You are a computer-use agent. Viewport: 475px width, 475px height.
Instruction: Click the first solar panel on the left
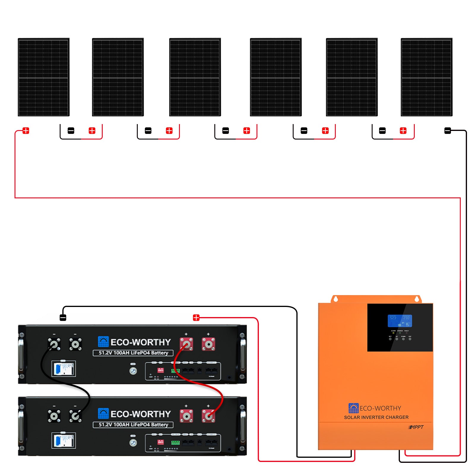44,77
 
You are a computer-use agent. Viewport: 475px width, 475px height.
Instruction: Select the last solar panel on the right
426,77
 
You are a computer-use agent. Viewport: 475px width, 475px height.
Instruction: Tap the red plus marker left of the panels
26,131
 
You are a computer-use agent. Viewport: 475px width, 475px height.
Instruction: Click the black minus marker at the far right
447,131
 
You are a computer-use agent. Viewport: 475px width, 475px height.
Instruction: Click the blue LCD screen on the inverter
400,321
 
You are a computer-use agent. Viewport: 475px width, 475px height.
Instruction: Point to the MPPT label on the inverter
416,427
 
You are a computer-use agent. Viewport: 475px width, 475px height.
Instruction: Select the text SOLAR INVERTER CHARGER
376,417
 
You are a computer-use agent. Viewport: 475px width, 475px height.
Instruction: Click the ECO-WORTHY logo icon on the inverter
353,408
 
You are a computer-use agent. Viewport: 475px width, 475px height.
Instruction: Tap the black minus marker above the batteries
63,318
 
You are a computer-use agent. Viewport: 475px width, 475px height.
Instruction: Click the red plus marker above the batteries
196,318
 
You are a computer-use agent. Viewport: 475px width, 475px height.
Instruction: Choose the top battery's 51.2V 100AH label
133,353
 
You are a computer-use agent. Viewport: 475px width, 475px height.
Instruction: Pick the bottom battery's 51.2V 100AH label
133,425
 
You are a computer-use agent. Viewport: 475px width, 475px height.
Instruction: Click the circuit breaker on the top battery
64,369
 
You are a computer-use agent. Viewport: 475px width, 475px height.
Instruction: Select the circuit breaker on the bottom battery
64,441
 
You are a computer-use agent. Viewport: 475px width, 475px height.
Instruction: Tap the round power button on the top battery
133,371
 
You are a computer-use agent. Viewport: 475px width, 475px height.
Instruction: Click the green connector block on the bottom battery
175,443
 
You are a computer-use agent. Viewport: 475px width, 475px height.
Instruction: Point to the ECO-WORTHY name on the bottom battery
140,414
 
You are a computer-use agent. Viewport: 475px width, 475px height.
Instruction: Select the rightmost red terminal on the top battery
208,344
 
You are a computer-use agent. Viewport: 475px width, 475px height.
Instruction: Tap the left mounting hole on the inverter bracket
336,299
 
